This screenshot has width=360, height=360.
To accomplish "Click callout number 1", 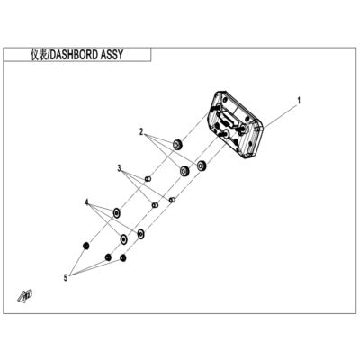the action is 299,101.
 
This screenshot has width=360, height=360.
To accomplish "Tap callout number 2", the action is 141,132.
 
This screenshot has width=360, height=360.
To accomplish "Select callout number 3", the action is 120,168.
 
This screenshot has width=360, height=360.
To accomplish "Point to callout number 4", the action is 86,202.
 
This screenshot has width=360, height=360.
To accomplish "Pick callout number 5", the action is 66,278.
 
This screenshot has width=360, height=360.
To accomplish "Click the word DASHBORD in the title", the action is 74,55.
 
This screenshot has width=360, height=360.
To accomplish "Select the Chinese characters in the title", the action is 39,55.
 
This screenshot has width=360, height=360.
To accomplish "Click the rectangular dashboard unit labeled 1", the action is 236,124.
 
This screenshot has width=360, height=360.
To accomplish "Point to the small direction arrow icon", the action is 25,295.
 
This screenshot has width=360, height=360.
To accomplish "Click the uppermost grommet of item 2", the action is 178,144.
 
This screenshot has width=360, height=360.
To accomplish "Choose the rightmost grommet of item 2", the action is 201,165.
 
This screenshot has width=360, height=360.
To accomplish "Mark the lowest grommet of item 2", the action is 184,171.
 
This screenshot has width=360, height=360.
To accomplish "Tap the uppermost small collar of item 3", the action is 148,179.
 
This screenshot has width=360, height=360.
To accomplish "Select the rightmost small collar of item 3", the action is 172,200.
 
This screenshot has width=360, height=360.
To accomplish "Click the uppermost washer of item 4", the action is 117,212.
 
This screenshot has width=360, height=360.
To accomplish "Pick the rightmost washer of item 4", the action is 140,233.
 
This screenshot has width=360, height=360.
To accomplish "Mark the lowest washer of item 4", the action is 123,239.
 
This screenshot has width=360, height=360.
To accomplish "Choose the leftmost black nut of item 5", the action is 86,246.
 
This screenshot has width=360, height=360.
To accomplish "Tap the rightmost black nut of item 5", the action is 122,257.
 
